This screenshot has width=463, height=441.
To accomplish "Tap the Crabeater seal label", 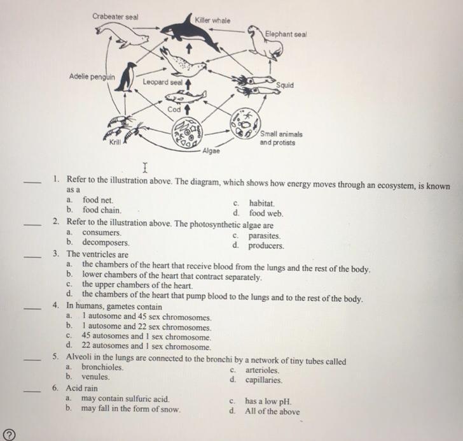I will [x=115, y=16].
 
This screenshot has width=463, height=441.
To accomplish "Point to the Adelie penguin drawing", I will [x=129, y=77].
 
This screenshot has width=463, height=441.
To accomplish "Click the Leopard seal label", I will [x=163, y=82].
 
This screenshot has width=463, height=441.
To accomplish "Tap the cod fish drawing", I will [x=185, y=97].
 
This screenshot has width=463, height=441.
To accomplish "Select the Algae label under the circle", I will [x=211, y=151].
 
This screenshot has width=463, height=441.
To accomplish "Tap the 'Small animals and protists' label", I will [x=281, y=138].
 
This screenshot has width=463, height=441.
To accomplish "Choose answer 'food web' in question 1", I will [x=266, y=213].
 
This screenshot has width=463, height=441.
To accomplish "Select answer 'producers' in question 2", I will [x=266, y=245].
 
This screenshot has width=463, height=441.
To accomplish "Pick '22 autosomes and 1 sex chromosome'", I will [x=146, y=347].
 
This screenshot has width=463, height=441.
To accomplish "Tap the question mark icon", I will [x=9, y=433].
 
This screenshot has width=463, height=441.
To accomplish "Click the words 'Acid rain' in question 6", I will [x=82, y=387].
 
